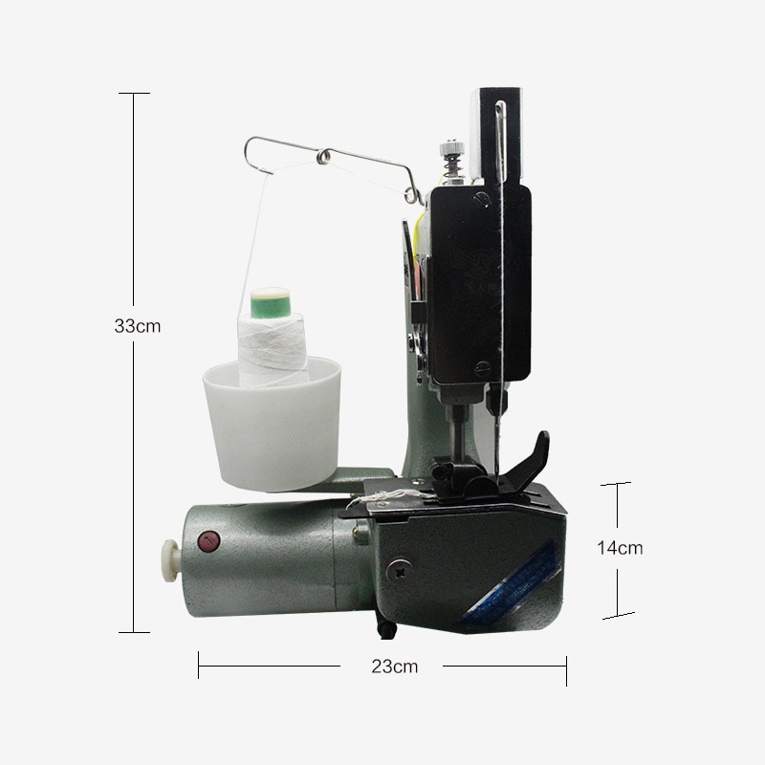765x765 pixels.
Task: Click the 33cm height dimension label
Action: [x=137, y=326]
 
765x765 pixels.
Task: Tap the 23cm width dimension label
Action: [x=395, y=667]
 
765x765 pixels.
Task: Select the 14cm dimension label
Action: [x=620, y=548]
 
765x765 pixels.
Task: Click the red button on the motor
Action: [x=208, y=541]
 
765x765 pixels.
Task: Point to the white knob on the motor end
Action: [x=170, y=560]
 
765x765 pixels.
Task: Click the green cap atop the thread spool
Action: [x=271, y=302]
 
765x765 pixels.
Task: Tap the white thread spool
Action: [x=273, y=349]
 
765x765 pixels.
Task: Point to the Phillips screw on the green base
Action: [x=399, y=570]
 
